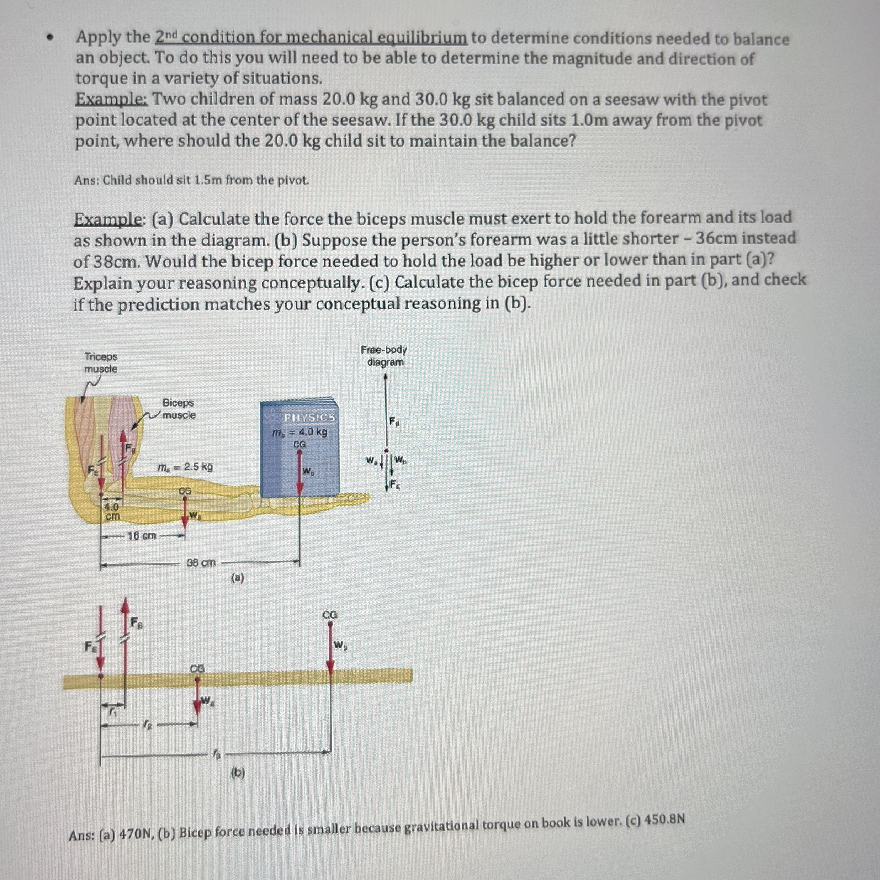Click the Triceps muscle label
pos(101,362)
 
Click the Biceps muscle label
pos(179,409)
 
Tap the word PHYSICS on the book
pos(309,417)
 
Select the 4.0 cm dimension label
pos(112,511)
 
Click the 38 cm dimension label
pos(201,562)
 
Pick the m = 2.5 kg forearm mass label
pos(185,467)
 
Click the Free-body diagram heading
pos(384,356)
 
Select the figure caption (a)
pos(238,578)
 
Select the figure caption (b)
pos(238,773)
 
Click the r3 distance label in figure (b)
pos(216,754)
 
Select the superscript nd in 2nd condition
pos(173,34)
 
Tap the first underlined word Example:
pos(112,99)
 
